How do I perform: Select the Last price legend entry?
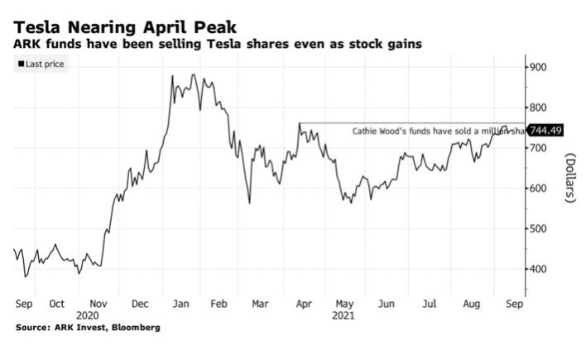41,64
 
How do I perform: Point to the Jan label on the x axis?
180,304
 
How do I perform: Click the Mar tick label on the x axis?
260,304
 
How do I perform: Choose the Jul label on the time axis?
429,304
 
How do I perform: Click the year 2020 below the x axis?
87,315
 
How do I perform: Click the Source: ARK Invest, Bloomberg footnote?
87,328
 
